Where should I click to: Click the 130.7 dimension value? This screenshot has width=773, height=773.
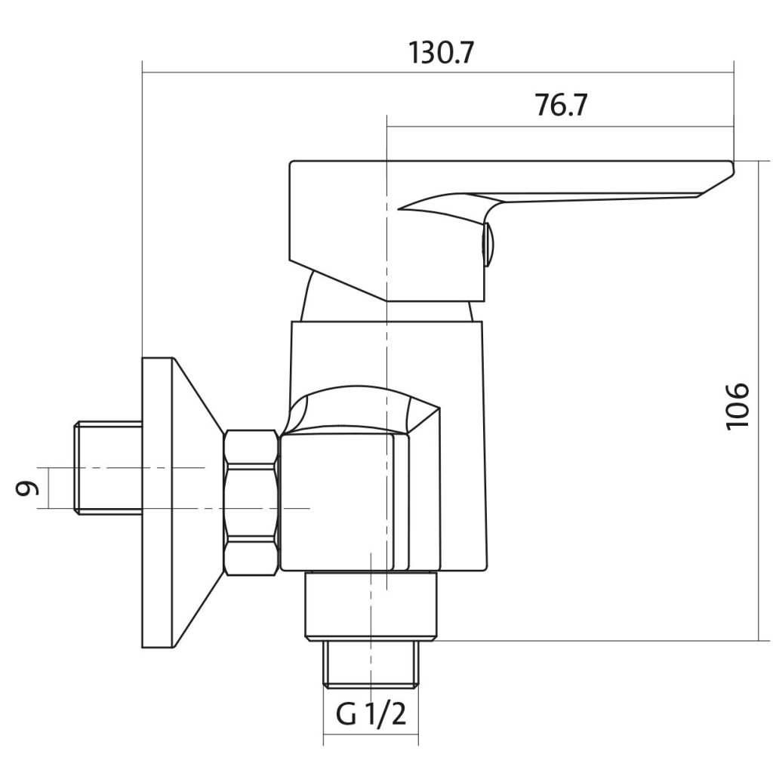(x=441, y=53)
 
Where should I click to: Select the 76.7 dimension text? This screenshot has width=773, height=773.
(x=561, y=105)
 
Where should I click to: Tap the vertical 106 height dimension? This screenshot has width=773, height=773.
(x=738, y=405)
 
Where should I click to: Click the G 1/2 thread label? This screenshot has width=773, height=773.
(x=371, y=714)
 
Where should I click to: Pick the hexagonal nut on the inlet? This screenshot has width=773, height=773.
(x=251, y=503)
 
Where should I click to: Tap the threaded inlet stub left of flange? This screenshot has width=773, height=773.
(x=108, y=468)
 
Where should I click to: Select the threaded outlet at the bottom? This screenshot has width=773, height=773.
(x=371, y=664)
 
